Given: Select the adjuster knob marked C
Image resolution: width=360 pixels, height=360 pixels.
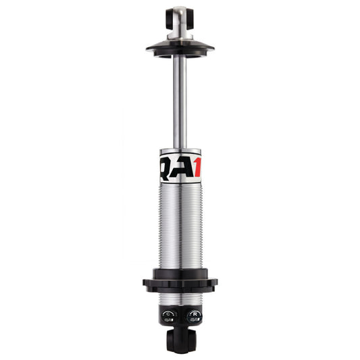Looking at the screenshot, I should point(169,315).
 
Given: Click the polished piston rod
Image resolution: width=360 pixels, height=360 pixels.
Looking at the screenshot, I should point(180,101).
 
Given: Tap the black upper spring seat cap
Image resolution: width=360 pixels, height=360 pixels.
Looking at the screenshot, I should point(180,48).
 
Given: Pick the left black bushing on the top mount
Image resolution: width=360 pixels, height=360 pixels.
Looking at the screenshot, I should point(169,14).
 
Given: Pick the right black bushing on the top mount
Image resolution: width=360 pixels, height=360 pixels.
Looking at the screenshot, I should point(190,14).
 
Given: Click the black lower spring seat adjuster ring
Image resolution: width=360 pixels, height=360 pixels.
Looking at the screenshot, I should point(180,282).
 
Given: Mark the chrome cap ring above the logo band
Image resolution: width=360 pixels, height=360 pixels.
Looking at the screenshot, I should point(180,151).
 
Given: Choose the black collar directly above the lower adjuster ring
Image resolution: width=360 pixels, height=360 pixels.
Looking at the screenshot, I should point(180,272).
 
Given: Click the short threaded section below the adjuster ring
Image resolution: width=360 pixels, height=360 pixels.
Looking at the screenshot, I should point(180,297).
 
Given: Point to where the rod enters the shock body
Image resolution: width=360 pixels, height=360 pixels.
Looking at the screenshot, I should point(180,148).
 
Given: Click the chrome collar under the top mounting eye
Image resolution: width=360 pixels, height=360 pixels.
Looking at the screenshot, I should point(180,34).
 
